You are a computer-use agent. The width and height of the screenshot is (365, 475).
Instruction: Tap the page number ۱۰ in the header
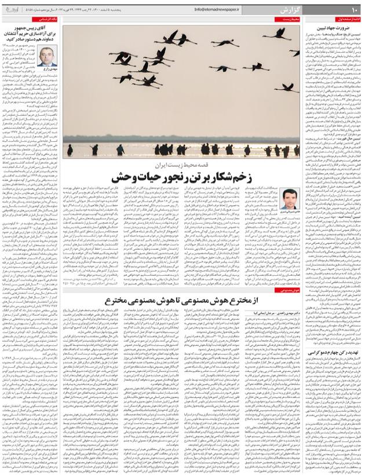coord(354,10)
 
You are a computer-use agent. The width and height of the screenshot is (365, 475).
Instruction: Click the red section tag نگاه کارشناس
coord(47,20)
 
